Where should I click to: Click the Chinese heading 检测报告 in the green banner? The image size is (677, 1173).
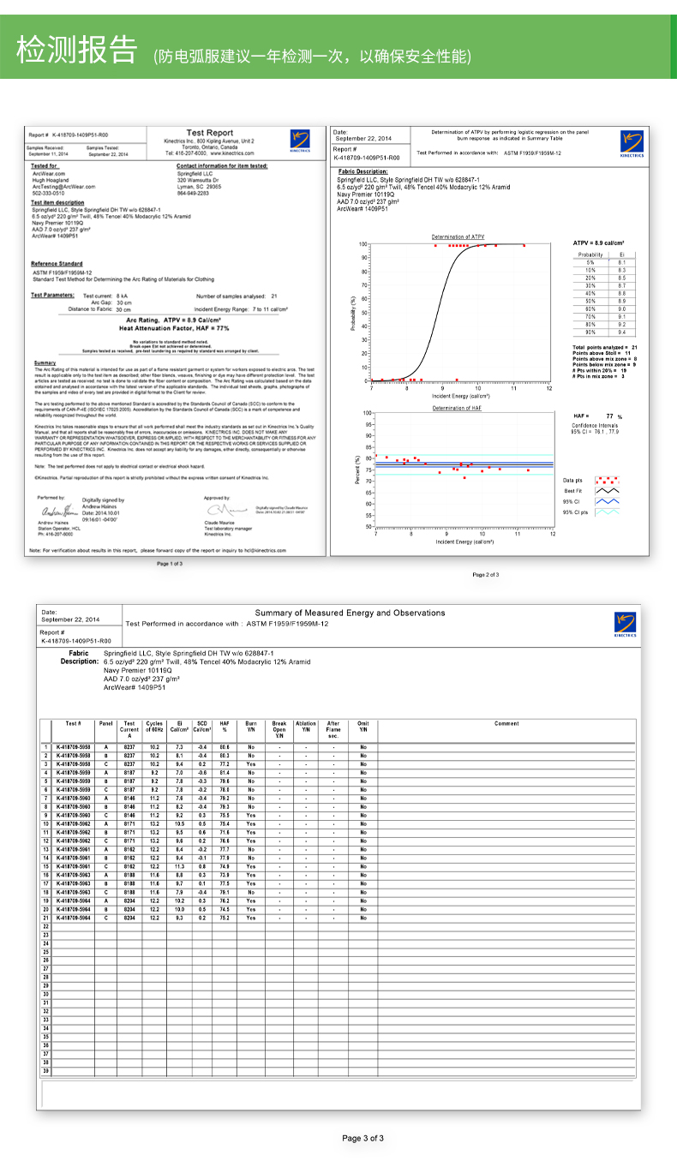[x=77, y=51]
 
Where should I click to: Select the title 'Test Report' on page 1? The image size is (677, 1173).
[x=210, y=133]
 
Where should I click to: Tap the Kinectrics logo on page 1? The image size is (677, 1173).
[x=299, y=139]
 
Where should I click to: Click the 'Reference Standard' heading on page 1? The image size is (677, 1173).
[x=57, y=264]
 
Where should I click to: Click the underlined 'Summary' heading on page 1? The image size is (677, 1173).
[x=45, y=363]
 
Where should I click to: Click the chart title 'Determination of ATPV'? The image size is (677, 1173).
[x=458, y=236]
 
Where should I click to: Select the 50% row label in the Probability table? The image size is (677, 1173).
[x=590, y=301]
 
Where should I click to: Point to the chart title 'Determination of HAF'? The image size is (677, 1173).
[x=458, y=409]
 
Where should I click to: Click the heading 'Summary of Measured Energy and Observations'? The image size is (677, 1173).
[x=350, y=613]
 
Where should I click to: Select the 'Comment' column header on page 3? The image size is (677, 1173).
[x=506, y=724]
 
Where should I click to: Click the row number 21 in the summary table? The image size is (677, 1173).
[x=45, y=918]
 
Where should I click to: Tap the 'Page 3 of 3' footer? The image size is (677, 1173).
[x=362, y=1138]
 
